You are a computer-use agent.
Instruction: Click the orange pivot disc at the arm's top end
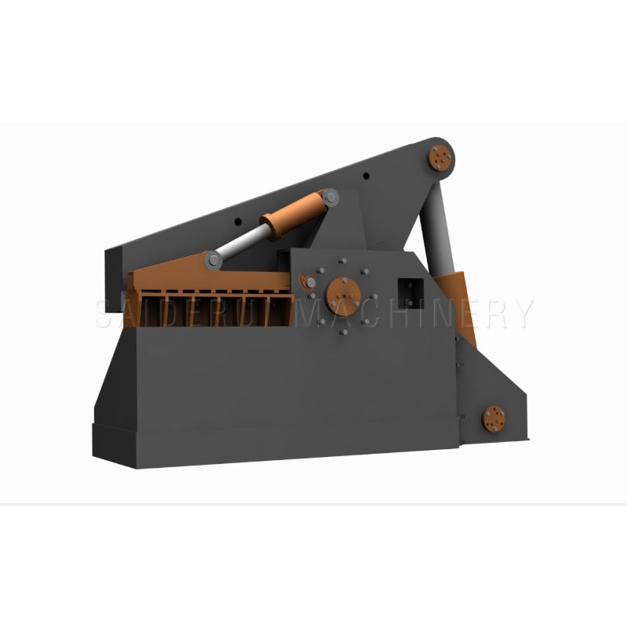(440, 158)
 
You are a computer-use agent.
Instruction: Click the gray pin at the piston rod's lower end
(211, 259)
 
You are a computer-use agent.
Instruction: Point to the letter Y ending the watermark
(521, 313)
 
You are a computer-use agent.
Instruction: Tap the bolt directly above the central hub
(342, 260)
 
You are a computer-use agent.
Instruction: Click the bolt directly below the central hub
(343, 332)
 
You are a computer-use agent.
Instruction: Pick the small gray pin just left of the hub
(312, 283)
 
